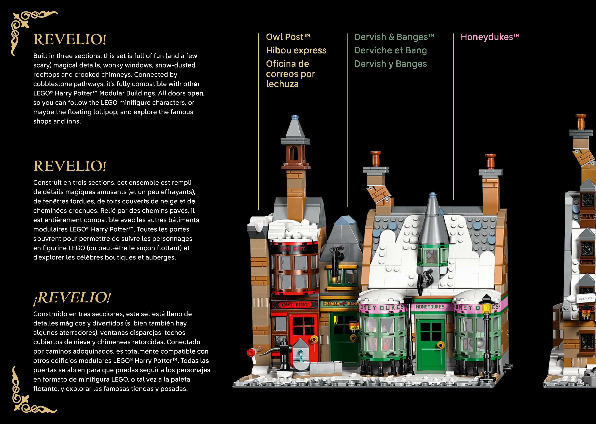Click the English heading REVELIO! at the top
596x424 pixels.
(x=70, y=39)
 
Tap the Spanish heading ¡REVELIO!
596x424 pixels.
(x=72, y=298)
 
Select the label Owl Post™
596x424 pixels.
(x=288, y=37)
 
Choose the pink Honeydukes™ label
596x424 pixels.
(x=490, y=37)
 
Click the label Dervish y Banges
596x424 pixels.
(x=390, y=64)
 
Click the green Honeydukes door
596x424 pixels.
(x=430, y=339)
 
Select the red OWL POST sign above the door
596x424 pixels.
(x=295, y=304)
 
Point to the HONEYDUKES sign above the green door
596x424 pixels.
(x=430, y=307)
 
